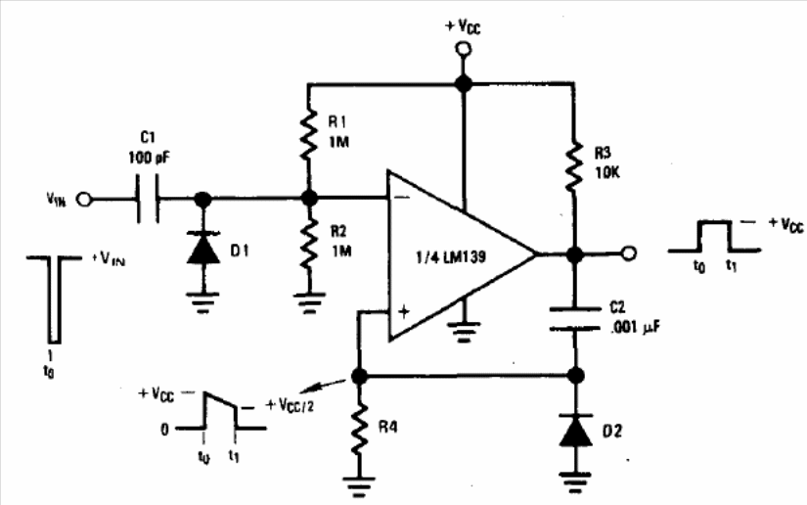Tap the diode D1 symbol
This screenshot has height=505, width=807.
click(x=203, y=251)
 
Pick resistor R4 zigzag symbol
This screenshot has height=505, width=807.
click(x=360, y=431)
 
